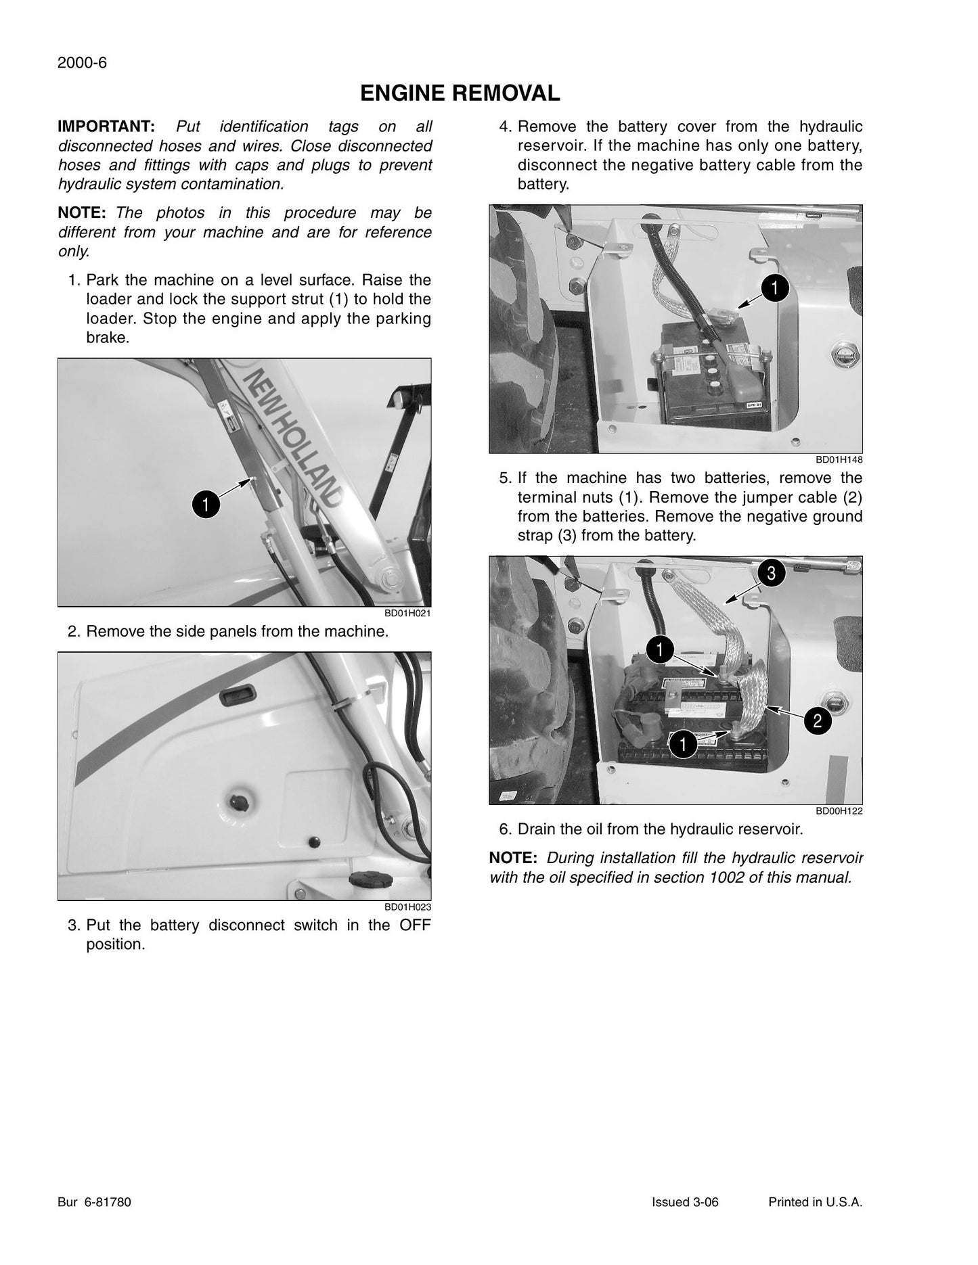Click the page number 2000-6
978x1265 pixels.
pyautogui.click(x=83, y=63)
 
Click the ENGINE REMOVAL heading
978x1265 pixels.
pyautogui.click(x=460, y=93)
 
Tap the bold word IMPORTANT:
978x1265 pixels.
pyautogui.click(x=107, y=127)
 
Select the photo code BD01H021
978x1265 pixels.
pyautogui.click(x=408, y=613)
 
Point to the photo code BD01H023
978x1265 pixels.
pyautogui.click(x=408, y=906)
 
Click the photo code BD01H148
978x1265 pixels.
pyautogui.click(x=839, y=460)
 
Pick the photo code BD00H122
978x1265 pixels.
pyautogui.click(x=839, y=811)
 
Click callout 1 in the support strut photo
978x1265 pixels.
pyautogui.click(x=206, y=505)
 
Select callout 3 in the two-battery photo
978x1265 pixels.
pyautogui.click(x=771, y=574)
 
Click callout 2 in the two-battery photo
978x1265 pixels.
pyautogui.click(x=817, y=721)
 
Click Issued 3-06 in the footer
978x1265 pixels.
pyautogui.click(x=685, y=1202)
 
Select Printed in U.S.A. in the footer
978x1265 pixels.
pyautogui.click(x=816, y=1202)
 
